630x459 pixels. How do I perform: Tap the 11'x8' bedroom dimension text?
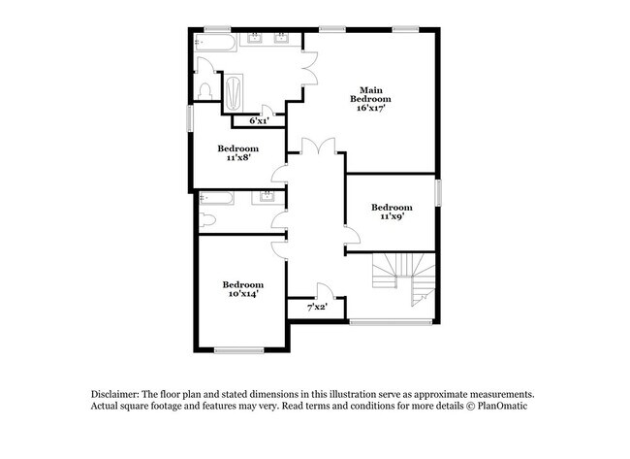click(x=237, y=159)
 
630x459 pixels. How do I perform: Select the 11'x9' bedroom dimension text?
click(x=392, y=216)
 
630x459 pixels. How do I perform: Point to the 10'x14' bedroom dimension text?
click(x=243, y=294)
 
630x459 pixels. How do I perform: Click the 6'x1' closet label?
click(x=258, y=121)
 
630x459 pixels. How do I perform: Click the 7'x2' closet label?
click(x=317, y=307)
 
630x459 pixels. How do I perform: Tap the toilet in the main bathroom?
click(x=204, y=89)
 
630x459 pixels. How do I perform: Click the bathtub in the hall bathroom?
click(x=214, y=199)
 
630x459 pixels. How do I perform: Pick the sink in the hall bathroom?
click(x=266, y=198)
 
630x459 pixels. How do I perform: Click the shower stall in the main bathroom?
click(x=236, y=95)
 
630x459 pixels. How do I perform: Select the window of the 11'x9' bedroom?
click(x=438, y=191)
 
